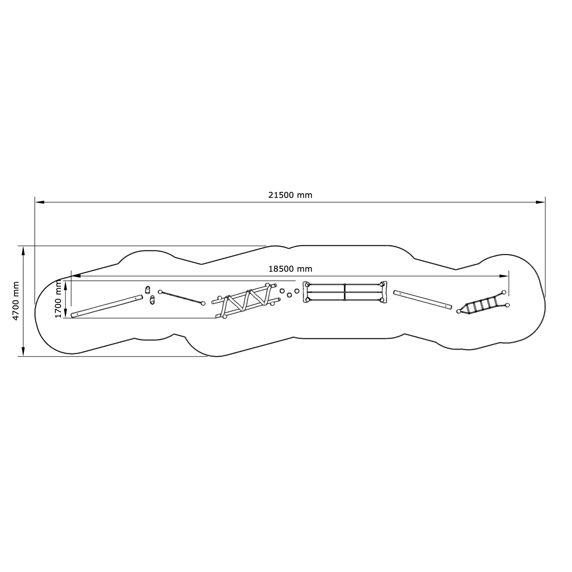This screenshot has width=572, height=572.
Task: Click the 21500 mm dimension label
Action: pos(290,195)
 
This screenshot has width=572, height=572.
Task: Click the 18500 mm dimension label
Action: pos(290,269)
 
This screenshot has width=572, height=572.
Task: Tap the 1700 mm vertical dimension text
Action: pos(58,299)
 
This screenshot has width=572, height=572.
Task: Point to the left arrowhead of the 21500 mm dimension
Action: pos(40,202)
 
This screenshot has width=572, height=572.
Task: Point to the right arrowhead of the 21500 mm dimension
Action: pos(540,202)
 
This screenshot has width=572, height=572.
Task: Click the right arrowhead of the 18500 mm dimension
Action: pos(504,276)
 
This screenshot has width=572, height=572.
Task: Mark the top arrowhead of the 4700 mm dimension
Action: pos(24,251)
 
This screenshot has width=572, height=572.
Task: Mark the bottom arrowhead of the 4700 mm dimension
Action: pos(24,352)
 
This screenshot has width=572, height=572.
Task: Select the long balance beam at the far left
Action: pos(107,306)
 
